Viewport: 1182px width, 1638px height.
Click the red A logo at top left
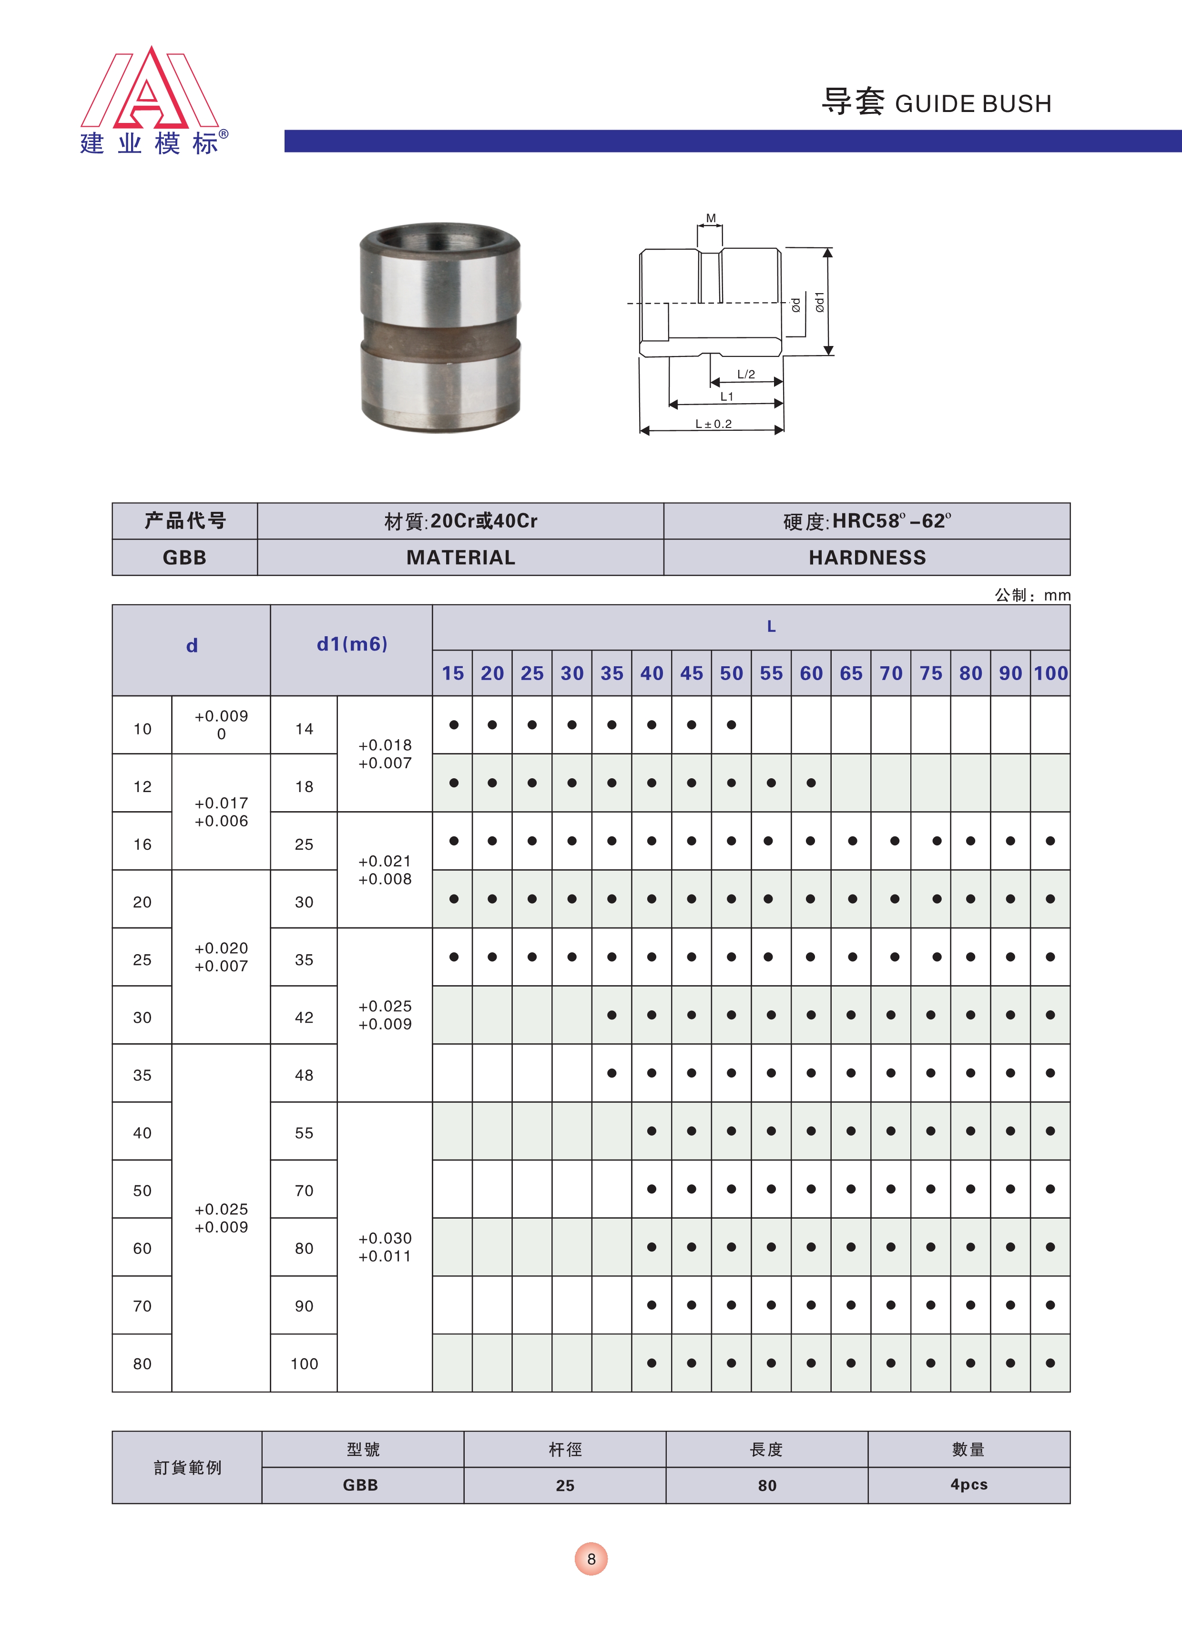(150, 90)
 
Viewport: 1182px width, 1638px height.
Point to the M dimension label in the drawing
(711, 218)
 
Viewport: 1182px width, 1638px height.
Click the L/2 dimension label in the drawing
(746, 374)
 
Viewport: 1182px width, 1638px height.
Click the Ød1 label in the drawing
(819, 302)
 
